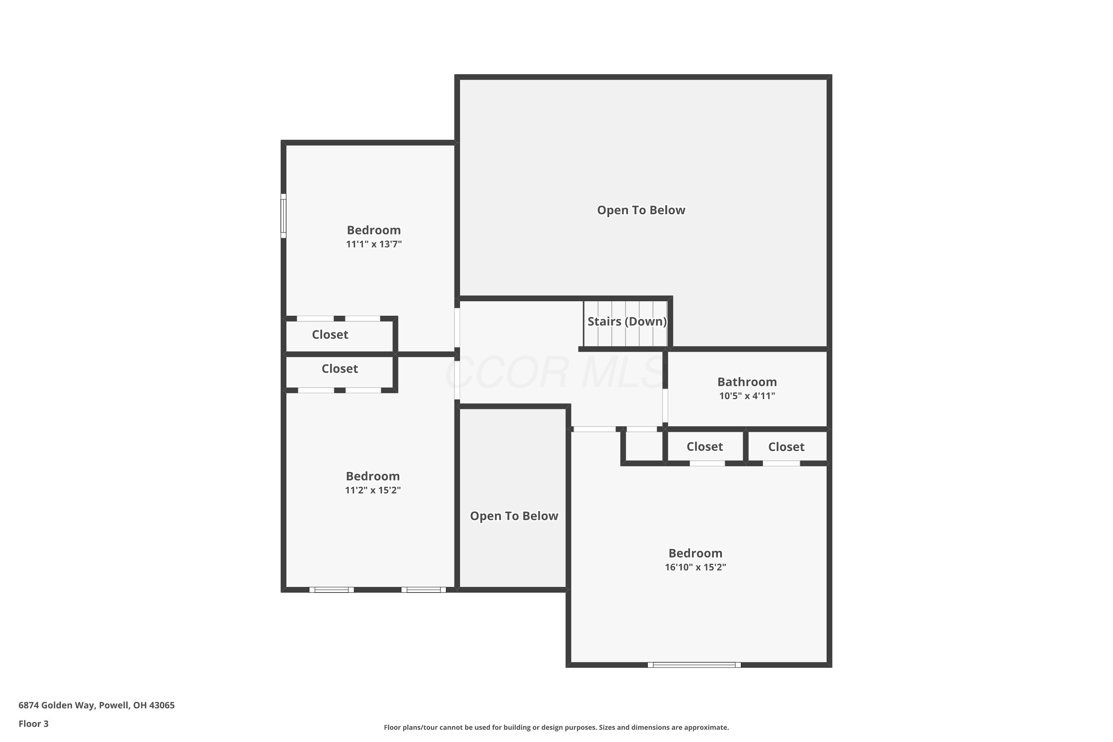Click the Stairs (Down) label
coord(627,321)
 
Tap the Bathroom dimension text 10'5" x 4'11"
coord(747,396)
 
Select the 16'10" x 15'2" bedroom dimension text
coord(695,567)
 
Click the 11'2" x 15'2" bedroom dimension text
coord(372,490)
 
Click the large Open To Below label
coord(641,210)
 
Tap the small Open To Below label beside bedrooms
coord(514,516)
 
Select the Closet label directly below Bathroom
coord(705,447)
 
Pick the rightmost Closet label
coord(786,447)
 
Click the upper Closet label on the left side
coord(330,335)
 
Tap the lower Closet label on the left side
coord(339,369)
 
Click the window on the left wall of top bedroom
coord(283,216)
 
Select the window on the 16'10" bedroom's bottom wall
coord(694,665)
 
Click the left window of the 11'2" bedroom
coord(331,590)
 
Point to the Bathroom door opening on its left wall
coord(665,406)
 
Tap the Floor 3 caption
coord(34,723)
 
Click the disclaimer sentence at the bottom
coord(556,727)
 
